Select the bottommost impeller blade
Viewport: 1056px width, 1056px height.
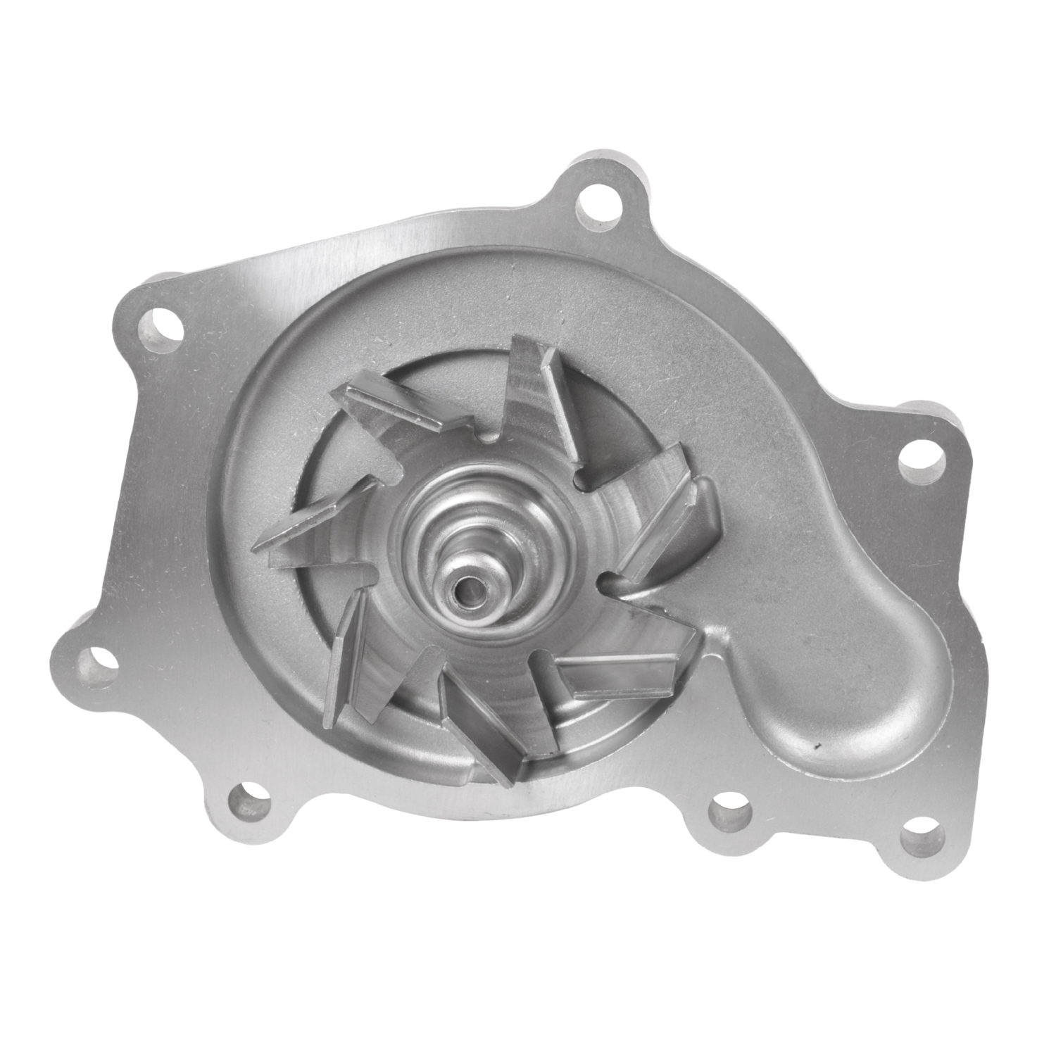point(486,736)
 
